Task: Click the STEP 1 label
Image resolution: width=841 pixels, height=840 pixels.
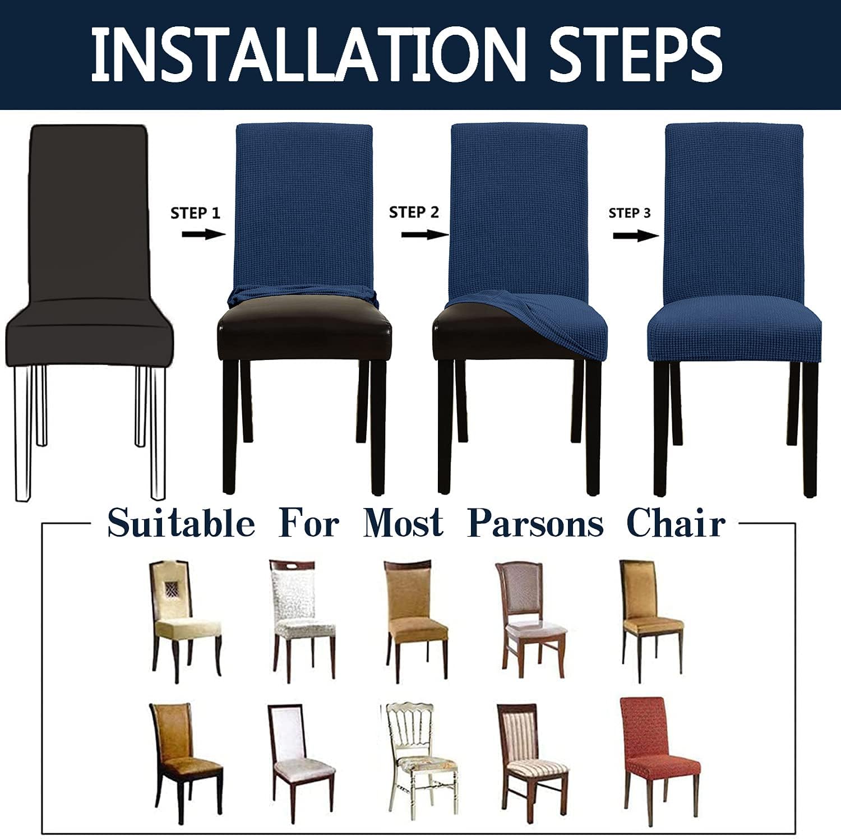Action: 195,213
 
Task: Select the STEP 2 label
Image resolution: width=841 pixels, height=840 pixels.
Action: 414,213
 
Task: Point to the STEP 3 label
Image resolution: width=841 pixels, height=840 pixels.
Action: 630,213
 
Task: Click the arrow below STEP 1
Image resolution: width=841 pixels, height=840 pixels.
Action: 202,234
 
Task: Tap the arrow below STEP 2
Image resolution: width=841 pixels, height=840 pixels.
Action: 424,234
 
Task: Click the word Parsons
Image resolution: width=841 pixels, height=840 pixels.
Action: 535,524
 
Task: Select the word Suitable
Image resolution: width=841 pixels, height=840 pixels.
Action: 181,524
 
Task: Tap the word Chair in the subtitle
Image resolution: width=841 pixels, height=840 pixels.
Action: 676,524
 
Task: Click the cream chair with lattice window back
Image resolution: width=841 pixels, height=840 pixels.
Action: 182,620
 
